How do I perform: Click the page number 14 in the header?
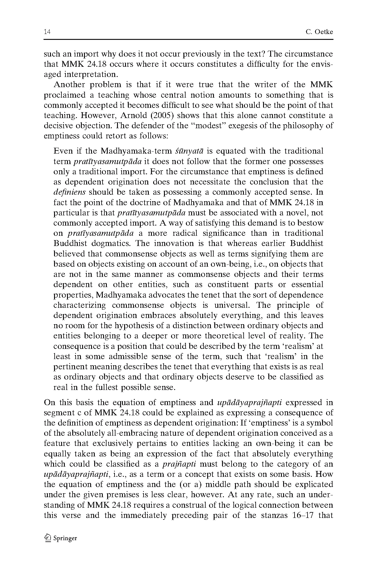pyautogui.click(x=47, y=32)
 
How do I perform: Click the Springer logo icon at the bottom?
pyautogui.click(x=48, y=538)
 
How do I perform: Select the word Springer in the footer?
pyautogui.click(x=65, y=538)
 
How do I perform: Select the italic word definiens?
pyautogui.click(x=70, y=192)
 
